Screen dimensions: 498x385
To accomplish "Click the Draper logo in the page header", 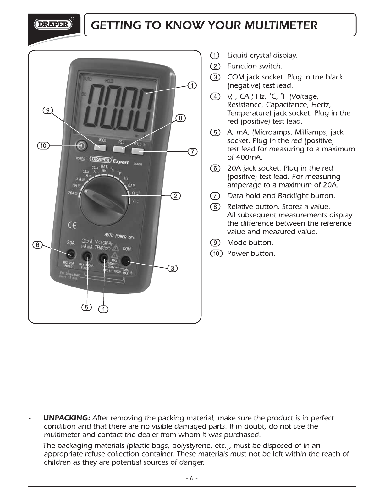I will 53,24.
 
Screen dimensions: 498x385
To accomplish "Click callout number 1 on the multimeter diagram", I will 192,85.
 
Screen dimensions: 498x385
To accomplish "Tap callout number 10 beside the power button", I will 43,145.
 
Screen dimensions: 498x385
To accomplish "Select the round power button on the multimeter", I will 81,145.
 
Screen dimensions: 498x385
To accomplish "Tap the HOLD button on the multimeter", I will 138,151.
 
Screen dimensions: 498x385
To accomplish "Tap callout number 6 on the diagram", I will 37,245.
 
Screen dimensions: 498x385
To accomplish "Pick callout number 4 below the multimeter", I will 103,309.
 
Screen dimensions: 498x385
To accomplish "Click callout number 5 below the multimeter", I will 86,307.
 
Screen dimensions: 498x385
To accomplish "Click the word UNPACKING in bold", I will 67,418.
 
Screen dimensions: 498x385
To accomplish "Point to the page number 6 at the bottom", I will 192,478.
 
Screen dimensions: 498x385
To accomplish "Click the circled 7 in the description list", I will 215,196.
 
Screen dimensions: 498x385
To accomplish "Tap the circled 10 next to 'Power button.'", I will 216,254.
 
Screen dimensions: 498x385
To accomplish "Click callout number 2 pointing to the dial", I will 175,196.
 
